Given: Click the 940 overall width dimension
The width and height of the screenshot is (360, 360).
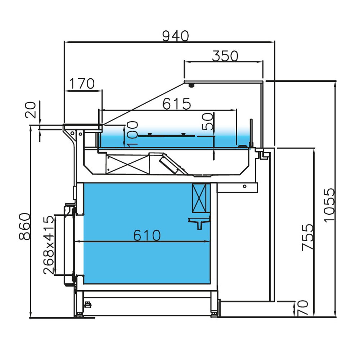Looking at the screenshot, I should pyautogui.click(x=175, y=36).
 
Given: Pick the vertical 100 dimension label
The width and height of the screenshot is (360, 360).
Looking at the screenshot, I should pyautogui.click(x=132, y=134).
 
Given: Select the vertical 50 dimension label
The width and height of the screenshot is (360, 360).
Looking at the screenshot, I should pyautogui.click(x=208, y=122).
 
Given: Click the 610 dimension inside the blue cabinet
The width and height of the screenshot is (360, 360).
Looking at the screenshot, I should pyautogui.click(x=147, y=235).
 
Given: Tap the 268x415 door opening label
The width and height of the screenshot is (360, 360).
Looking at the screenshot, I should pyautogui.click(x=49, y=245).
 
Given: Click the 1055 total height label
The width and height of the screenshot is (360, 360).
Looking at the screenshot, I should pyautogui.click(x=329, y=205).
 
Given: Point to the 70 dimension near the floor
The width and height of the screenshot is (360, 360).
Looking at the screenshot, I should pyautogui.click(x=303, y=309).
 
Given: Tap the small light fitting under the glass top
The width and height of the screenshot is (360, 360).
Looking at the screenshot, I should pyautogui.click(x=191, y=85).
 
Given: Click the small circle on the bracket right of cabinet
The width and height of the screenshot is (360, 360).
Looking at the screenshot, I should pyautogui.click(x=244, y=186).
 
